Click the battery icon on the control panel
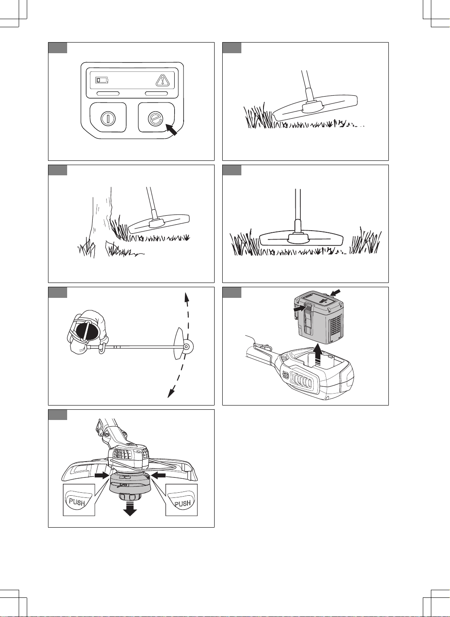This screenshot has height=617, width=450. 102,80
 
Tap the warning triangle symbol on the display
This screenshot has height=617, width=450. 163,80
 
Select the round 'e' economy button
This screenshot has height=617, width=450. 156,119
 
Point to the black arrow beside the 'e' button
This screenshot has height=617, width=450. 171,130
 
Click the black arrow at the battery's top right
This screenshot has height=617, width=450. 335,292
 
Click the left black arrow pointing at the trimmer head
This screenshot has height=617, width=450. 102,475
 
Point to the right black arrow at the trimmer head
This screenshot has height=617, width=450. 158,475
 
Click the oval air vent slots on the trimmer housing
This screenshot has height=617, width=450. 302,382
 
